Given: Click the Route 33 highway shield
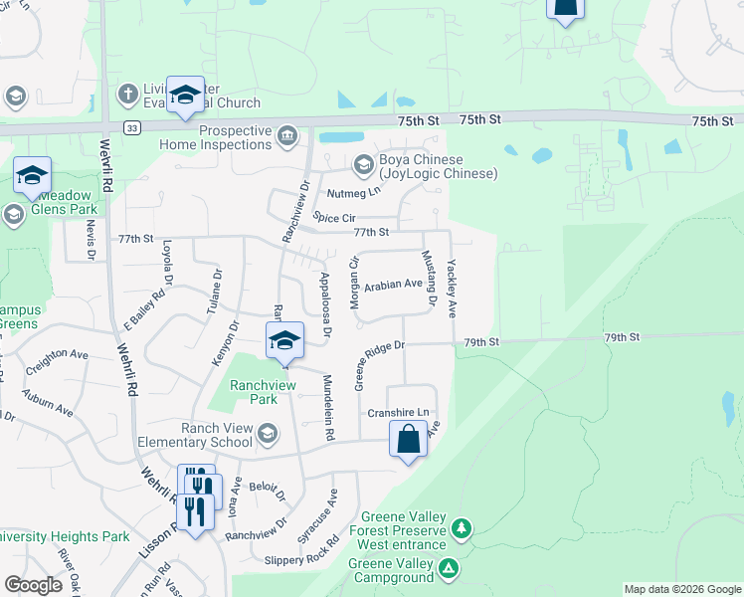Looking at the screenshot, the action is tap(132, 127).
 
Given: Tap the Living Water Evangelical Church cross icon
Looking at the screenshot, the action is tap(126, 95).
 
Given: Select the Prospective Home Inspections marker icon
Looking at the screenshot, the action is tap(287, 135).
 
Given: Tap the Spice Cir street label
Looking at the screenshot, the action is tap(334, 216).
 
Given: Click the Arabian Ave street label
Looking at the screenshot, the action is tap(393, 285).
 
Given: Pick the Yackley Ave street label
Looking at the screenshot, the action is tap(453, 289).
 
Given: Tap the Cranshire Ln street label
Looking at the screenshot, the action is tap(398, 412).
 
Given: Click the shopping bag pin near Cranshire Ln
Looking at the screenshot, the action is tap(410, 440).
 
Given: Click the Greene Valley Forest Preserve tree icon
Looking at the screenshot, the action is tap(461, 526).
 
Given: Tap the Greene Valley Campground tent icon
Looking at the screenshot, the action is tap(450, 569).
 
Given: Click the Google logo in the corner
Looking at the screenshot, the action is tap(33, 584).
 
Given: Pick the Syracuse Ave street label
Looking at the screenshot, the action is tap(334, 508).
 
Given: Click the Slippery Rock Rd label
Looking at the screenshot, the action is tap(303, 560).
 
